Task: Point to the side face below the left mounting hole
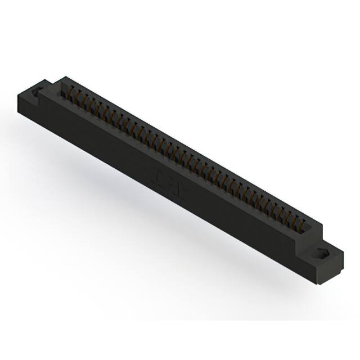[27, 107]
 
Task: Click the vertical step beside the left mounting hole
[47, 88]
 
